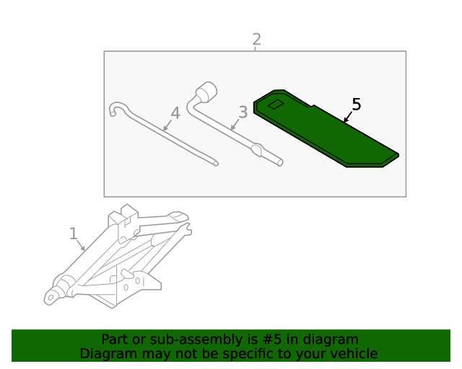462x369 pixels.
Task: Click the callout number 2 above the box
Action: [257, 40]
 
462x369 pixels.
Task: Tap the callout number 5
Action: [357, 105]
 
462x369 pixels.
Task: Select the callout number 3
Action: [243, 112]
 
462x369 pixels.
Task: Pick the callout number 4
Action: [175, 113]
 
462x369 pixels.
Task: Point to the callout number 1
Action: [74, 234]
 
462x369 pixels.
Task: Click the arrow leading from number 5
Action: [348, 117]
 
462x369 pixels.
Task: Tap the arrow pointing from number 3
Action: [235, 125]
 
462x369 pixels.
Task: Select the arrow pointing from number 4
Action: [167, 125]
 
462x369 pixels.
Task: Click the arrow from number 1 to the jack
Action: [81, 245]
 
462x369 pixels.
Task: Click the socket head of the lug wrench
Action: [206, 92]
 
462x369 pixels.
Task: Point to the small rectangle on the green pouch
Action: [276, 105]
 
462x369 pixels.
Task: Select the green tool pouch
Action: [326, 128]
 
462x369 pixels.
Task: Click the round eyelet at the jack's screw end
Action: [51, 298]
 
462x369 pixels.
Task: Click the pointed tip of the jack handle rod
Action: [217, 164]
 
